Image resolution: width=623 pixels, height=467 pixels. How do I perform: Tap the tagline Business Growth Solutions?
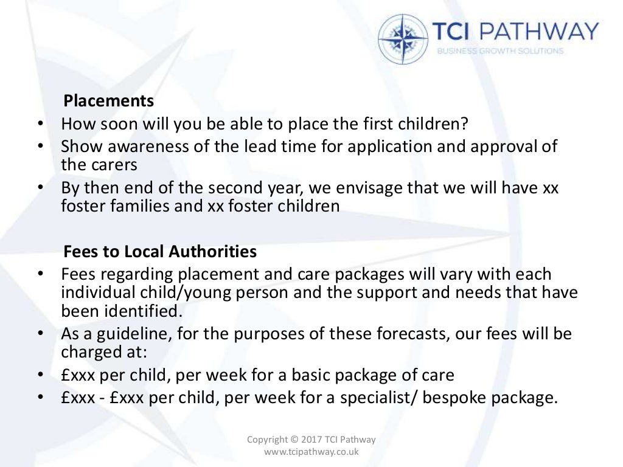[500, 51]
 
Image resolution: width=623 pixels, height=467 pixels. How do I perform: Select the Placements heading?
[109, 100]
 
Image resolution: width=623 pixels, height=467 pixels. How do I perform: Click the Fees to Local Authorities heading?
[160, 251]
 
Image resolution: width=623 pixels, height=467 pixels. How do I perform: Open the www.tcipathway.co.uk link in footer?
[311, 451]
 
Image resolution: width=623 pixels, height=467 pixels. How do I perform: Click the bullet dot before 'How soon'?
[40, 124]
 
